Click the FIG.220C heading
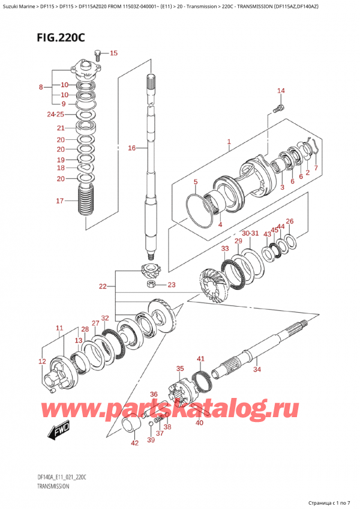pyautogui.click(x=61, y=38)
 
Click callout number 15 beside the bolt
pyautogui.click(x=113, y=53)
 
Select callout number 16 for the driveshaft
pyautogui.click(x=132, y=148)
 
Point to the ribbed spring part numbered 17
pyautogui.click(x=86, y=200)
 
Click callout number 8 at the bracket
pyautogui.click(x=41, y=86)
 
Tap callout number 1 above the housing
pyautogui.click(x=229, y=142)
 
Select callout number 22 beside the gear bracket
pyautogui.click(x=103, y=286)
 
